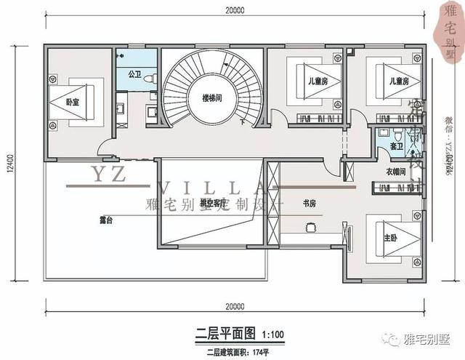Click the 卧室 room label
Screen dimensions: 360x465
[x=71, y=103]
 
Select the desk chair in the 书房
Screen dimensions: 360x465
[x=310, y=226]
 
